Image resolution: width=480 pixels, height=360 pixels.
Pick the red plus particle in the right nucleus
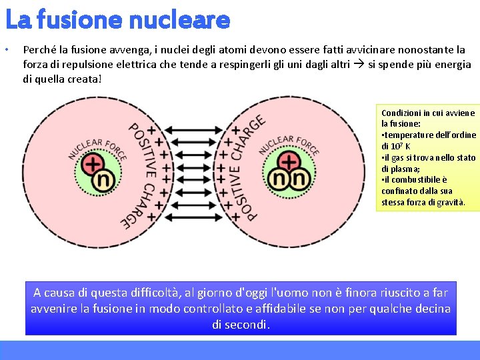pos(289,162)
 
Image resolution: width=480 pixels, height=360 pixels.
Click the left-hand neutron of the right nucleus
pos(281,178)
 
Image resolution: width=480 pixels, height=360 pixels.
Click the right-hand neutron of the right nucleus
pos(298,178)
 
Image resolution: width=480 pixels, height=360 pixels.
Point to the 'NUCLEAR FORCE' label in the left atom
pos(97,148)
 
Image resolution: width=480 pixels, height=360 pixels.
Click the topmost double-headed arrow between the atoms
pos(194,130)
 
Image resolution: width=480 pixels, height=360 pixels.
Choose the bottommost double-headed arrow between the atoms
pos(194,216)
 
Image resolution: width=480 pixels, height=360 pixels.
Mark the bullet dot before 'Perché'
pos(6,50)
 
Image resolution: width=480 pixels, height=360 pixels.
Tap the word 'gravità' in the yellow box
pos(450,202)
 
